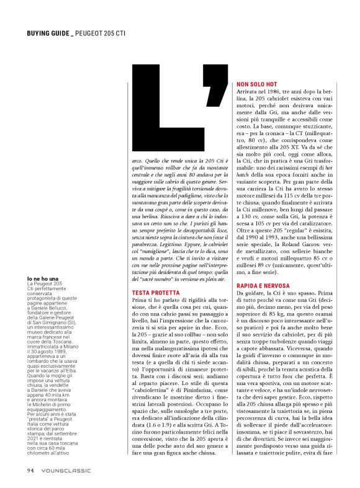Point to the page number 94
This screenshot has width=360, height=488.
[30, 469]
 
